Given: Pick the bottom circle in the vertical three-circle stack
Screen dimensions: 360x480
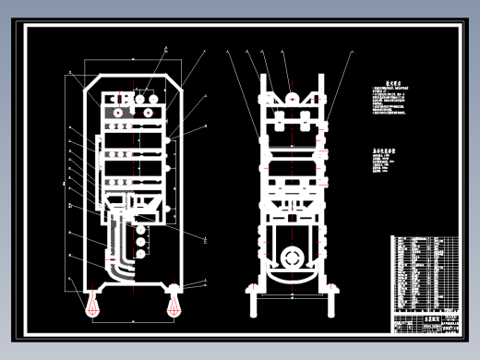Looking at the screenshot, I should click(x=139, y=251).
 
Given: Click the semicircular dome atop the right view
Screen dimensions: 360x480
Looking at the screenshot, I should click(x=289, y=95).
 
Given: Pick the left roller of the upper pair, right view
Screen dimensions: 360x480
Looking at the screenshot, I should click(x=276, y=119).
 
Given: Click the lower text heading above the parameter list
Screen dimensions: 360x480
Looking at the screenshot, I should click(x=384, y=149).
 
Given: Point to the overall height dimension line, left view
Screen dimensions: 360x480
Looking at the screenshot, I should click(x=65, y=185).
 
